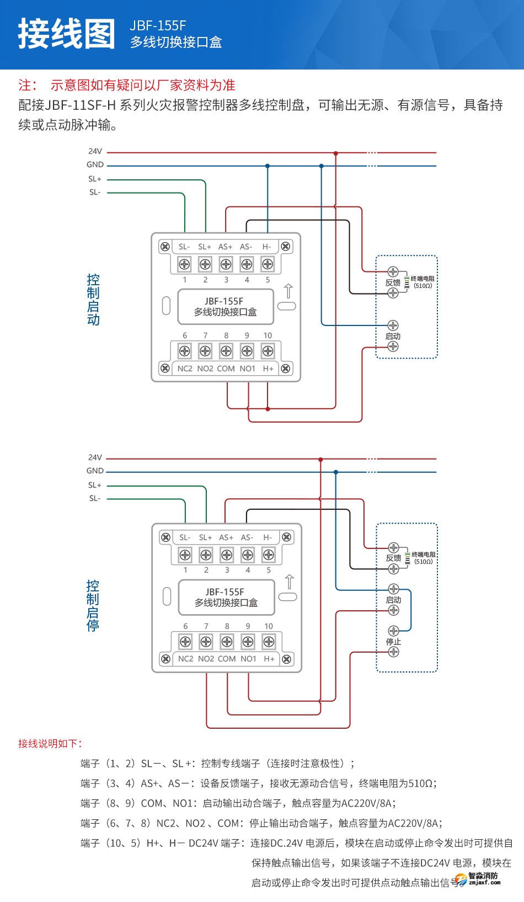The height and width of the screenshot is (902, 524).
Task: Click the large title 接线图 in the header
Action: pyautogui.click(x=67, y=34)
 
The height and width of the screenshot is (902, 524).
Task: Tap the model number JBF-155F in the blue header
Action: pyautogui.click(x=158, y=25)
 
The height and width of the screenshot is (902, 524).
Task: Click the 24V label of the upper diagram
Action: pyautogui.click(x=95, y=151)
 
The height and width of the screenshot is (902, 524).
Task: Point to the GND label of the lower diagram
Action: pyautogui.click(x=95, y=471)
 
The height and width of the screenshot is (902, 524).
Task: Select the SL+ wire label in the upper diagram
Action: pyautogui.click(x=95, y=179)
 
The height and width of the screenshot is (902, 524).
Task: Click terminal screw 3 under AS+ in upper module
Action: pyautogui.click(x=226, y=264)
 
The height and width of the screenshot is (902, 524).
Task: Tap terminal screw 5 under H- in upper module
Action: pyautogui.click(x=268, y=264)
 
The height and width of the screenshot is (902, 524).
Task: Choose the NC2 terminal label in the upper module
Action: pyautogui.click(x=185, y=369)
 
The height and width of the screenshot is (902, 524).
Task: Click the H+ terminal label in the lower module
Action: pyautogui.click(x=269, y=659)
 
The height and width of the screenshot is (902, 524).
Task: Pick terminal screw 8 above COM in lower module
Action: pyautogui.click(x=227, y=642)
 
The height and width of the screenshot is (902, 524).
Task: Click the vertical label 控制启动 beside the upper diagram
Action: pyautogui.click(x=93, y=300)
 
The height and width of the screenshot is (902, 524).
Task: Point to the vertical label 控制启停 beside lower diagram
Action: pyautogui.click(x=93, y=605)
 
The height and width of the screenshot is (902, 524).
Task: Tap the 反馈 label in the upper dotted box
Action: pyautogui.click(x=393, y=282)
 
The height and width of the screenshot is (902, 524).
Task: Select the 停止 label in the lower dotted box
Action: pyautogui.click(x=393, y=642)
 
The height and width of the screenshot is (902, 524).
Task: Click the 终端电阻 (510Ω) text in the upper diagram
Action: pyautogui.click(x=423, y=282)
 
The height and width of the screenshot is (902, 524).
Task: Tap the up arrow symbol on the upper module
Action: pyautogui.click(x=288, y=290)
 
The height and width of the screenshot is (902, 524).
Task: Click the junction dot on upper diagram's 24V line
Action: pyautogui.click(x=335, y=153)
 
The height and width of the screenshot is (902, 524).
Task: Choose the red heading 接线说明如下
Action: pyautogui.click(x=50, y=743)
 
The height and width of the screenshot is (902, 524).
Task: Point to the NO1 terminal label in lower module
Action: pyautogui.click(x=248, y=659)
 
